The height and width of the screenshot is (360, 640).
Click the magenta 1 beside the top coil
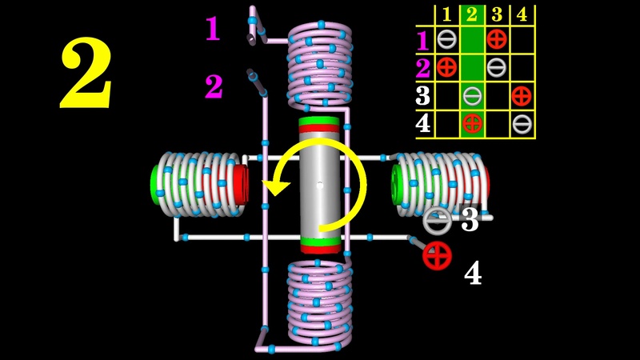[212, 29]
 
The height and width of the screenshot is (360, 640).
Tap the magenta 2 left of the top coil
[214, 86]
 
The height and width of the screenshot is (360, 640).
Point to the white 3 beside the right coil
[470, 220]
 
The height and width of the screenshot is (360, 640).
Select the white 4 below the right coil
[473, 274]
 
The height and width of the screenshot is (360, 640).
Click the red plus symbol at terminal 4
[438, 255]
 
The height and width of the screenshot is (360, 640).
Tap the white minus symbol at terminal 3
[438, 220]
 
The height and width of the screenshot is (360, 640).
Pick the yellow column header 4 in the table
[522, 14]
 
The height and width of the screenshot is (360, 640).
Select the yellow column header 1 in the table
[447, 14]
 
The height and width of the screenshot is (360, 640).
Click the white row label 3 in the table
[423, 95]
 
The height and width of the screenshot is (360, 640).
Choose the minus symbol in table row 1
[447, 38]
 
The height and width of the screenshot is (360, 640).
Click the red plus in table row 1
[496, 38]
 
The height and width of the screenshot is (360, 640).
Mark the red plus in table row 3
[522, 95]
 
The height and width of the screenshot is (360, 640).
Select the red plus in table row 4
[472, 123]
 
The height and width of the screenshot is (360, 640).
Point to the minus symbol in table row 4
[522, 123]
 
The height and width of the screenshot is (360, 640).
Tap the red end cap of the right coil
[485, 186]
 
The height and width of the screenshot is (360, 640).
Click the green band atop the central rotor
[320, 128]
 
